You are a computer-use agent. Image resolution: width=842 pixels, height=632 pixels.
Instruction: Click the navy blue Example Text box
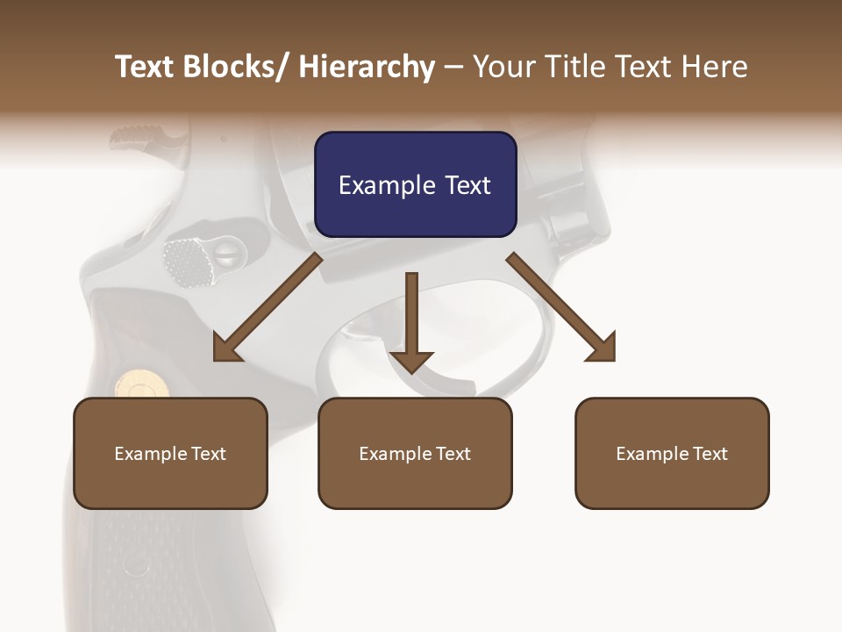point(415,184)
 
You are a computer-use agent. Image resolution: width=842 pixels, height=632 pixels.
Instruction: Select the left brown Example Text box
point(170,453)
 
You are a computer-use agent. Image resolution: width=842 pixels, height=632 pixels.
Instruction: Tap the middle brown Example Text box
point(415,453)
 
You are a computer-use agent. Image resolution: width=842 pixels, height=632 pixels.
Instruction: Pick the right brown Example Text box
point(672,453)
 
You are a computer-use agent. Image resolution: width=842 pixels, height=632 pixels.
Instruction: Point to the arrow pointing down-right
point(562,307)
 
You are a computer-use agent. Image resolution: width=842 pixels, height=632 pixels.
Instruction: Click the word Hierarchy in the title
point(366,68)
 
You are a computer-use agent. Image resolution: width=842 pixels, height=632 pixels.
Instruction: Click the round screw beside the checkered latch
point(227,255)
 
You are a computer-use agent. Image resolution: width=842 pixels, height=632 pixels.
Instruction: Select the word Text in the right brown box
point(710,453)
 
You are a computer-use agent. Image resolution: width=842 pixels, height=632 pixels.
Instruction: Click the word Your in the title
point(504,68)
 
